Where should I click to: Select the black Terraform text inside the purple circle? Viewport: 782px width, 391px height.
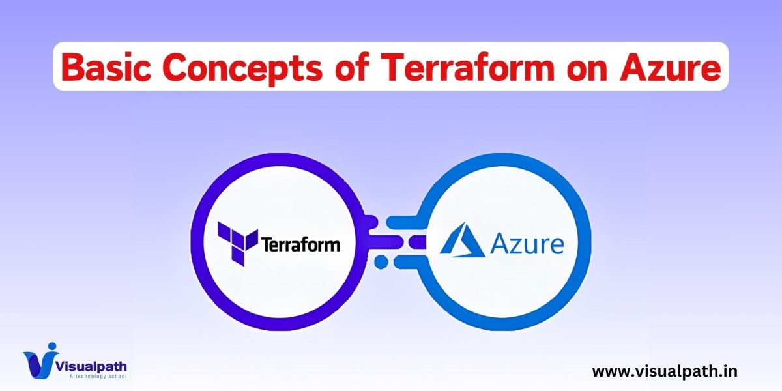tap(300, 245)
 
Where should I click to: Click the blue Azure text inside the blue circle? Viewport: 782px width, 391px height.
tap(527, 245)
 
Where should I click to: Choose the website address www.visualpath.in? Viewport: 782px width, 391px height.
tap(665, 371)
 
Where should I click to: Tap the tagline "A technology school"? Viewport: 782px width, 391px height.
tap(98, 376)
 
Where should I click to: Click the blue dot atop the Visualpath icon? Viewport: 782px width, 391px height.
tap(52, 346)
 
